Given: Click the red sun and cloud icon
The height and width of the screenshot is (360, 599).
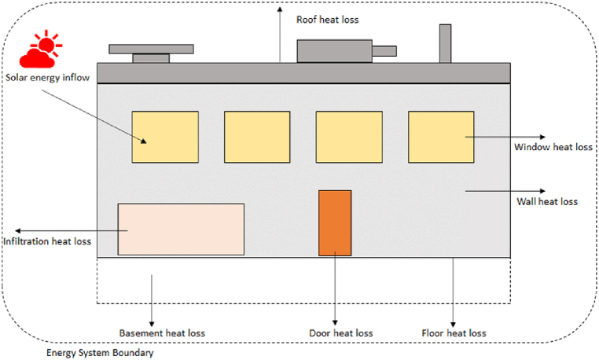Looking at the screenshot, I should [40, 51].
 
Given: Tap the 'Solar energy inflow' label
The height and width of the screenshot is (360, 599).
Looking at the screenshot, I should [48, 78].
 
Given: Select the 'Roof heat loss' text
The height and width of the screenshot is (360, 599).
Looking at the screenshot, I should [327, 20].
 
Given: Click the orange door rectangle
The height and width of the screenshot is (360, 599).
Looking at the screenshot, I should [335, 222].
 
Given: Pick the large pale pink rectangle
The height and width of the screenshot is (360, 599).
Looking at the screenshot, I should [181, 229].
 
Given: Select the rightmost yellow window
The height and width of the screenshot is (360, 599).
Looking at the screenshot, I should [441, 137].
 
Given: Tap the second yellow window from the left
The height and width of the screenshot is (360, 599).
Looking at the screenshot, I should [257, 137].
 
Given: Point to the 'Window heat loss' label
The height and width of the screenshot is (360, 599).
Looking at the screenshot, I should [553, 147].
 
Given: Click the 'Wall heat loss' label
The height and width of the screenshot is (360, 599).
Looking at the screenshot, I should [547, 201].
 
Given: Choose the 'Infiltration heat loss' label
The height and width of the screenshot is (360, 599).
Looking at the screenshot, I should [47, 241].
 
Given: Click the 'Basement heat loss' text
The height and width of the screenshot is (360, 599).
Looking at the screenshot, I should [162, 333].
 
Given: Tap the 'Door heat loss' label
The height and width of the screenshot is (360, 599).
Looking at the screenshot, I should [342, 333].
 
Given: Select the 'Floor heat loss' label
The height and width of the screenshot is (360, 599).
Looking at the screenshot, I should [454, 333].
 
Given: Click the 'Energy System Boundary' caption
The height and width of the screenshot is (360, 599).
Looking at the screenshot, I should [99, 353].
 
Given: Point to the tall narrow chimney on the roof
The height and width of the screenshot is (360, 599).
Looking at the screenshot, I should [445, 43].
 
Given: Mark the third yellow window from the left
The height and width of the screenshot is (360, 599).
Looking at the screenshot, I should [349, 137].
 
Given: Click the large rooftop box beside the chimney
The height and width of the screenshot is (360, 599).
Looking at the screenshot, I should [333, 51].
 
